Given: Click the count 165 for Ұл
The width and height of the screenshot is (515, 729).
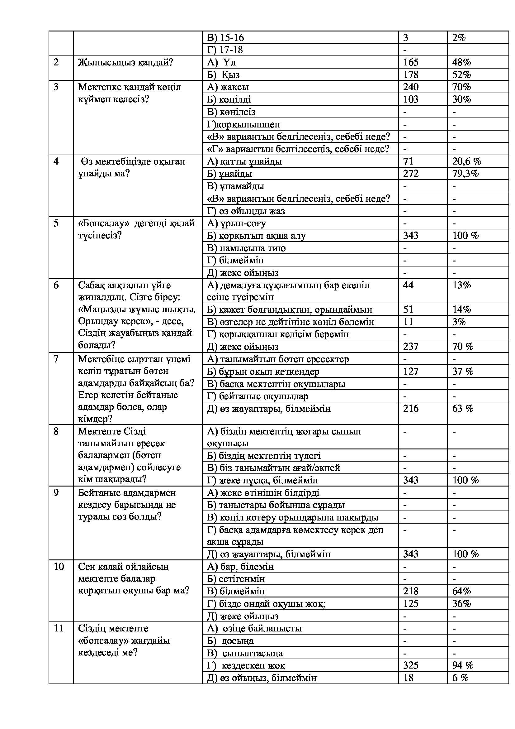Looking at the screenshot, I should [x=411, y=62].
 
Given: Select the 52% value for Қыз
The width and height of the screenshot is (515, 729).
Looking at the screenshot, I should [x=461, y=74].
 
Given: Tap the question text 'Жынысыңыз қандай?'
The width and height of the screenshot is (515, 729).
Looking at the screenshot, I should [x=125, y=62].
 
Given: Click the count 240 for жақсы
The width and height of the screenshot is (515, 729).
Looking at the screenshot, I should [x=411, y=87].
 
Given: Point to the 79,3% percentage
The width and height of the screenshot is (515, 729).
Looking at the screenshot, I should [x=465, y=174].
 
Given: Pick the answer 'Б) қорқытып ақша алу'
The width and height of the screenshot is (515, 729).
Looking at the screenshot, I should [x=256, y=236].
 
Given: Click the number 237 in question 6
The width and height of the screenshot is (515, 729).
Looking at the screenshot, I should [x=411, y=346].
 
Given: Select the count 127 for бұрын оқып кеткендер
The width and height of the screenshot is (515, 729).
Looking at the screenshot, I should [x=411, y=371].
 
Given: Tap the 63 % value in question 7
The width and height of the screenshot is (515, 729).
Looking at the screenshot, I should [x=463, y=408].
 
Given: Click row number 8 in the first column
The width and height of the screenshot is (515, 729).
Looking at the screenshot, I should [x=56, y=431].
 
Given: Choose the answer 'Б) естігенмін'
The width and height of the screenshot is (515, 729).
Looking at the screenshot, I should [x=236, y=578].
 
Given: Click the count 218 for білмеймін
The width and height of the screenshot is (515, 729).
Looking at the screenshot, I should [x=411, y=591].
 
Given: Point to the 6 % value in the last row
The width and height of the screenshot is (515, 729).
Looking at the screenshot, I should [x=460, y=678].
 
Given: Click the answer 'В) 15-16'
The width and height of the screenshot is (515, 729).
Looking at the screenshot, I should [x=225, y=38].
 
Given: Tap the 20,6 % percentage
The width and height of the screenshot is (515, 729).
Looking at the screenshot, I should [x=466, y=161].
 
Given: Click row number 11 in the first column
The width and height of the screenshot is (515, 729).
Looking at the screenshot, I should [x=59, y=628].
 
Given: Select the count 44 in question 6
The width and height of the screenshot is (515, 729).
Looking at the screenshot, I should [x=408, y=285].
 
